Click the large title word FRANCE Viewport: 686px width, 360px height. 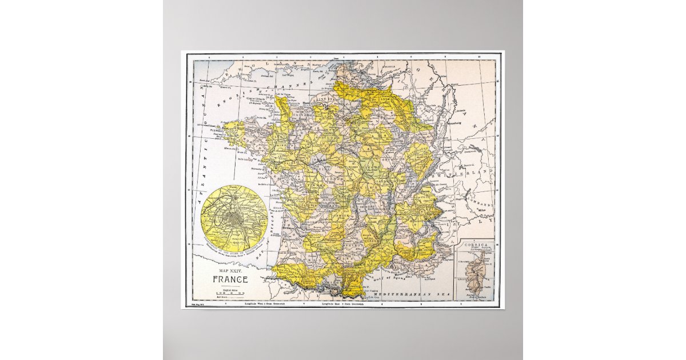coord(230,279)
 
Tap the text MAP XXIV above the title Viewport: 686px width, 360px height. coord(230,269)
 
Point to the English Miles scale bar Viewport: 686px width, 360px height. coord(230,294)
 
